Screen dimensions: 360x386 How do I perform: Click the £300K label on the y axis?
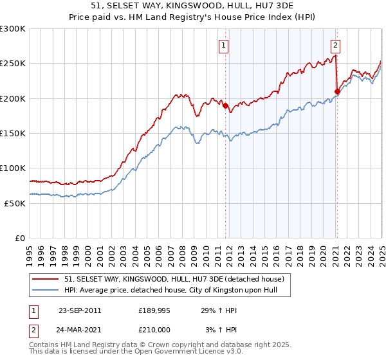pos(13,29)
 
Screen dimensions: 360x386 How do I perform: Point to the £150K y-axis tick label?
pos(13,133)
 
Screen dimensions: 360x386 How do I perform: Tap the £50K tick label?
pos(15,203)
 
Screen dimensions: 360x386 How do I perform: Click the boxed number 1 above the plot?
pos(223,45)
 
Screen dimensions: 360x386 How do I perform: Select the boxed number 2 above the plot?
pos(336,45)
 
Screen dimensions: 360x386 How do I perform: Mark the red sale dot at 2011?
pos(226,106)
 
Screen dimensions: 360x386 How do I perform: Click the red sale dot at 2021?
pos(337,91)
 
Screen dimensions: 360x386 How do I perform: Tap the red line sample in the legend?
pos(46,278)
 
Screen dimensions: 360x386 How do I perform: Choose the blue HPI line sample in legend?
pos(46,290)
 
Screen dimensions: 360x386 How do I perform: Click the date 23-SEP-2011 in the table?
pos(80,310)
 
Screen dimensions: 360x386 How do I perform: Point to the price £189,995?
pos(154,310)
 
